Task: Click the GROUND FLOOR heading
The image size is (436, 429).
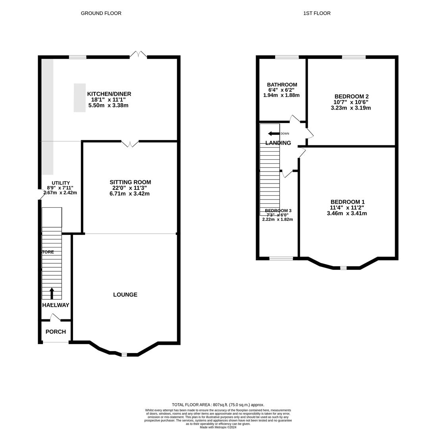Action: coord(101,13)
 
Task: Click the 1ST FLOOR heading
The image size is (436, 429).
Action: coord(316,13)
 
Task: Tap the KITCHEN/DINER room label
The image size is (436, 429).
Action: coord(109,94)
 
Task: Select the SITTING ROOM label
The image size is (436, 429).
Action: coord(130,182)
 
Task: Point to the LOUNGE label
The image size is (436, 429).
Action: coord(125,295)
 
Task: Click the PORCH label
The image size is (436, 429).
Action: coord(56,332)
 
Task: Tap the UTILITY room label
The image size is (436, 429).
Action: coord(61,183)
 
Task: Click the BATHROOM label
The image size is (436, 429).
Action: coord(282,85)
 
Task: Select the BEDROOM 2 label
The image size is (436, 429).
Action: coord(351,97)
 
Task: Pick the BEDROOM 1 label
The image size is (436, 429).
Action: coord(347,202)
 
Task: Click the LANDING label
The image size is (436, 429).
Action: coord(278,143)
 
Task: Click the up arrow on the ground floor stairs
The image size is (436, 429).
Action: coord(52,293)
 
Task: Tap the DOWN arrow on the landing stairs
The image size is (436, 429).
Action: coord(274,133)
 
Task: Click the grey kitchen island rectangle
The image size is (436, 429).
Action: coord(79,98)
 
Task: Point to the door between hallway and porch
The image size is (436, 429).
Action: coord(55,317)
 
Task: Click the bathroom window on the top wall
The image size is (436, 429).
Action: coord(287,57)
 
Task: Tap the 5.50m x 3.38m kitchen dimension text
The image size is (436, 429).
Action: coord(108,105)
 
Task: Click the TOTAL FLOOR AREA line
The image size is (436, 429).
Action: coord(218,405)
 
